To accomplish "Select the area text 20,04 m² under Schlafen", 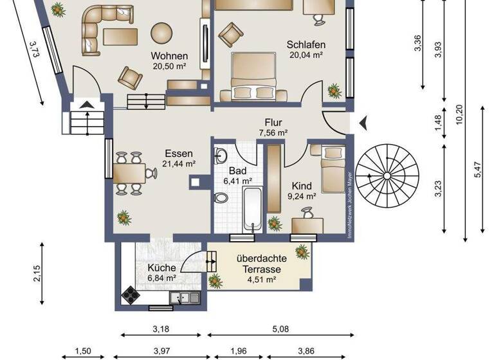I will tap(305, 55).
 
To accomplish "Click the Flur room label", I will tap(273, 122).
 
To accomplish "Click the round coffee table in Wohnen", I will tap(161, 32).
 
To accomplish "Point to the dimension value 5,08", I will tap(280, 329).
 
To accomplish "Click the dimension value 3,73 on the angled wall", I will tap(34, 50).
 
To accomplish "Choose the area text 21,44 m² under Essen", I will tap(179, 165).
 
